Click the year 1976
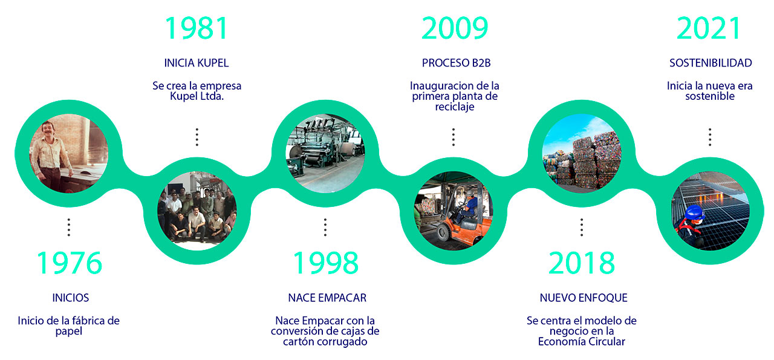70,263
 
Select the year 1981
197,28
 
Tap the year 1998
325,263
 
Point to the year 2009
455,28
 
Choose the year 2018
582,263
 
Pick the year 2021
709,28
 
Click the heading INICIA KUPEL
197,63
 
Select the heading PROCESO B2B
456,63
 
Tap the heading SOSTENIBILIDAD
711,63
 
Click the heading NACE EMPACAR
327,298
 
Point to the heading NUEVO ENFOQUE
584,298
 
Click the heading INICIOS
71,298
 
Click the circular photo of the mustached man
69,153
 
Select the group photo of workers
197,211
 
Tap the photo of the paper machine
325,153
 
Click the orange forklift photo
454,211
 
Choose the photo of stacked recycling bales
582,153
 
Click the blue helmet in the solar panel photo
695,212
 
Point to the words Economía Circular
582,342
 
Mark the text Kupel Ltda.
197,96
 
